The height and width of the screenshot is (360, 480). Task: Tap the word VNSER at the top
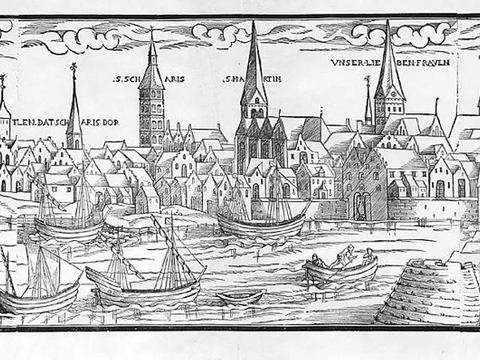click(x=343, y=64)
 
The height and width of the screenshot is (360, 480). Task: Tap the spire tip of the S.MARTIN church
click(x=253, y=24)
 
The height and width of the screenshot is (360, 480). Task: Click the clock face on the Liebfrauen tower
click(x=389, y=103)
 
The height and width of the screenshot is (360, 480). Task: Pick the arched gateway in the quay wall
click(x=361, y=204)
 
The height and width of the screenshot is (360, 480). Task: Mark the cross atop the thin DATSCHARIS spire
click(x=73, y=68)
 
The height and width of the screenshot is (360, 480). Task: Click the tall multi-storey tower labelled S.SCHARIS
click(x=151, y=105)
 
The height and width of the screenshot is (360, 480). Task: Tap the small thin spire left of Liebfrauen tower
click(x=367, y=101)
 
